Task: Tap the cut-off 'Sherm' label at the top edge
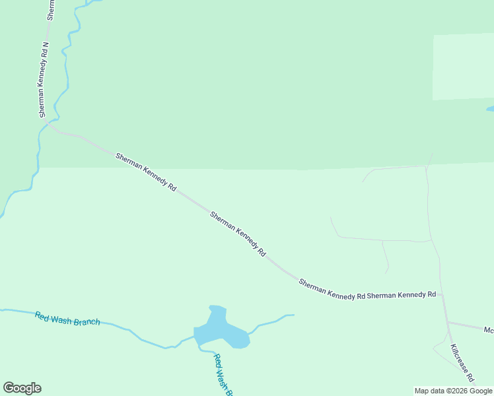[51, 9]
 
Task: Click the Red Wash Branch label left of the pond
[67, 318]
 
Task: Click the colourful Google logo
[22, 388]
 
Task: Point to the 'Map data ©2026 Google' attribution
[453, 391]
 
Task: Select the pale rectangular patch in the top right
[463, 66]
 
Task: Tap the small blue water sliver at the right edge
[490, 109]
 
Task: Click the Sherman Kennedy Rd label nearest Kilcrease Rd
[402, 295]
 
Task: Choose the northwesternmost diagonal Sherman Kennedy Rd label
[146, 172]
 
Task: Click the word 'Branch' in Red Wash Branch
[87, 321]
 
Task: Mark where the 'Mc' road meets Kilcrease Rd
[448, 322]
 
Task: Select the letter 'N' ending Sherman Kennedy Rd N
[45, 46]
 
